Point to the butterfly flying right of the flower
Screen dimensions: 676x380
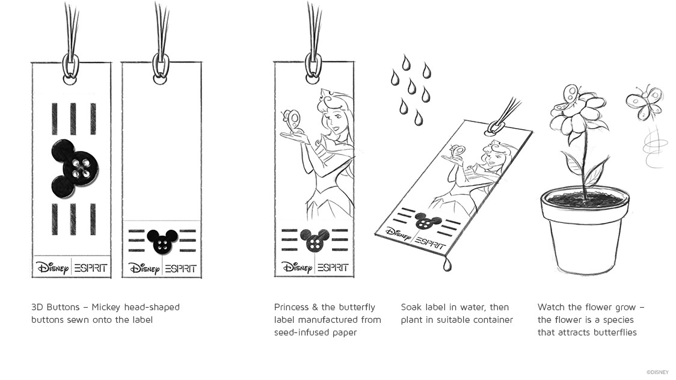point(644,103)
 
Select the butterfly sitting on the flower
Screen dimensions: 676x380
point(565,98)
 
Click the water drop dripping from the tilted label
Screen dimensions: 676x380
point(447,265)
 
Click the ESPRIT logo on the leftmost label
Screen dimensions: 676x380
point(91,268)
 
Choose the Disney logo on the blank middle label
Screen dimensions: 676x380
point(144,268)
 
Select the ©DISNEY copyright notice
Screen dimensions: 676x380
point(657,372)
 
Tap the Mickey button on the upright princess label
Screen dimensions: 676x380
point(315,241)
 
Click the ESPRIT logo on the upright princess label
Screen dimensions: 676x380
point(333,268)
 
